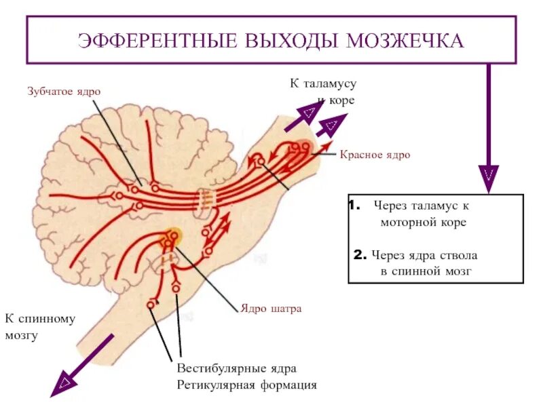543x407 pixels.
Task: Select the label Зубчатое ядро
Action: pos(67,91)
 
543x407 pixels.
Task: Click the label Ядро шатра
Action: pos(270,308)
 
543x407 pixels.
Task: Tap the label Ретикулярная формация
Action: pos(247,385)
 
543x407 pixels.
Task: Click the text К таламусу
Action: pos(323,83)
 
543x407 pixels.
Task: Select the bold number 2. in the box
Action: pos(360,256)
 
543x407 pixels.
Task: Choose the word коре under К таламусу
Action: pos(342,100)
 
